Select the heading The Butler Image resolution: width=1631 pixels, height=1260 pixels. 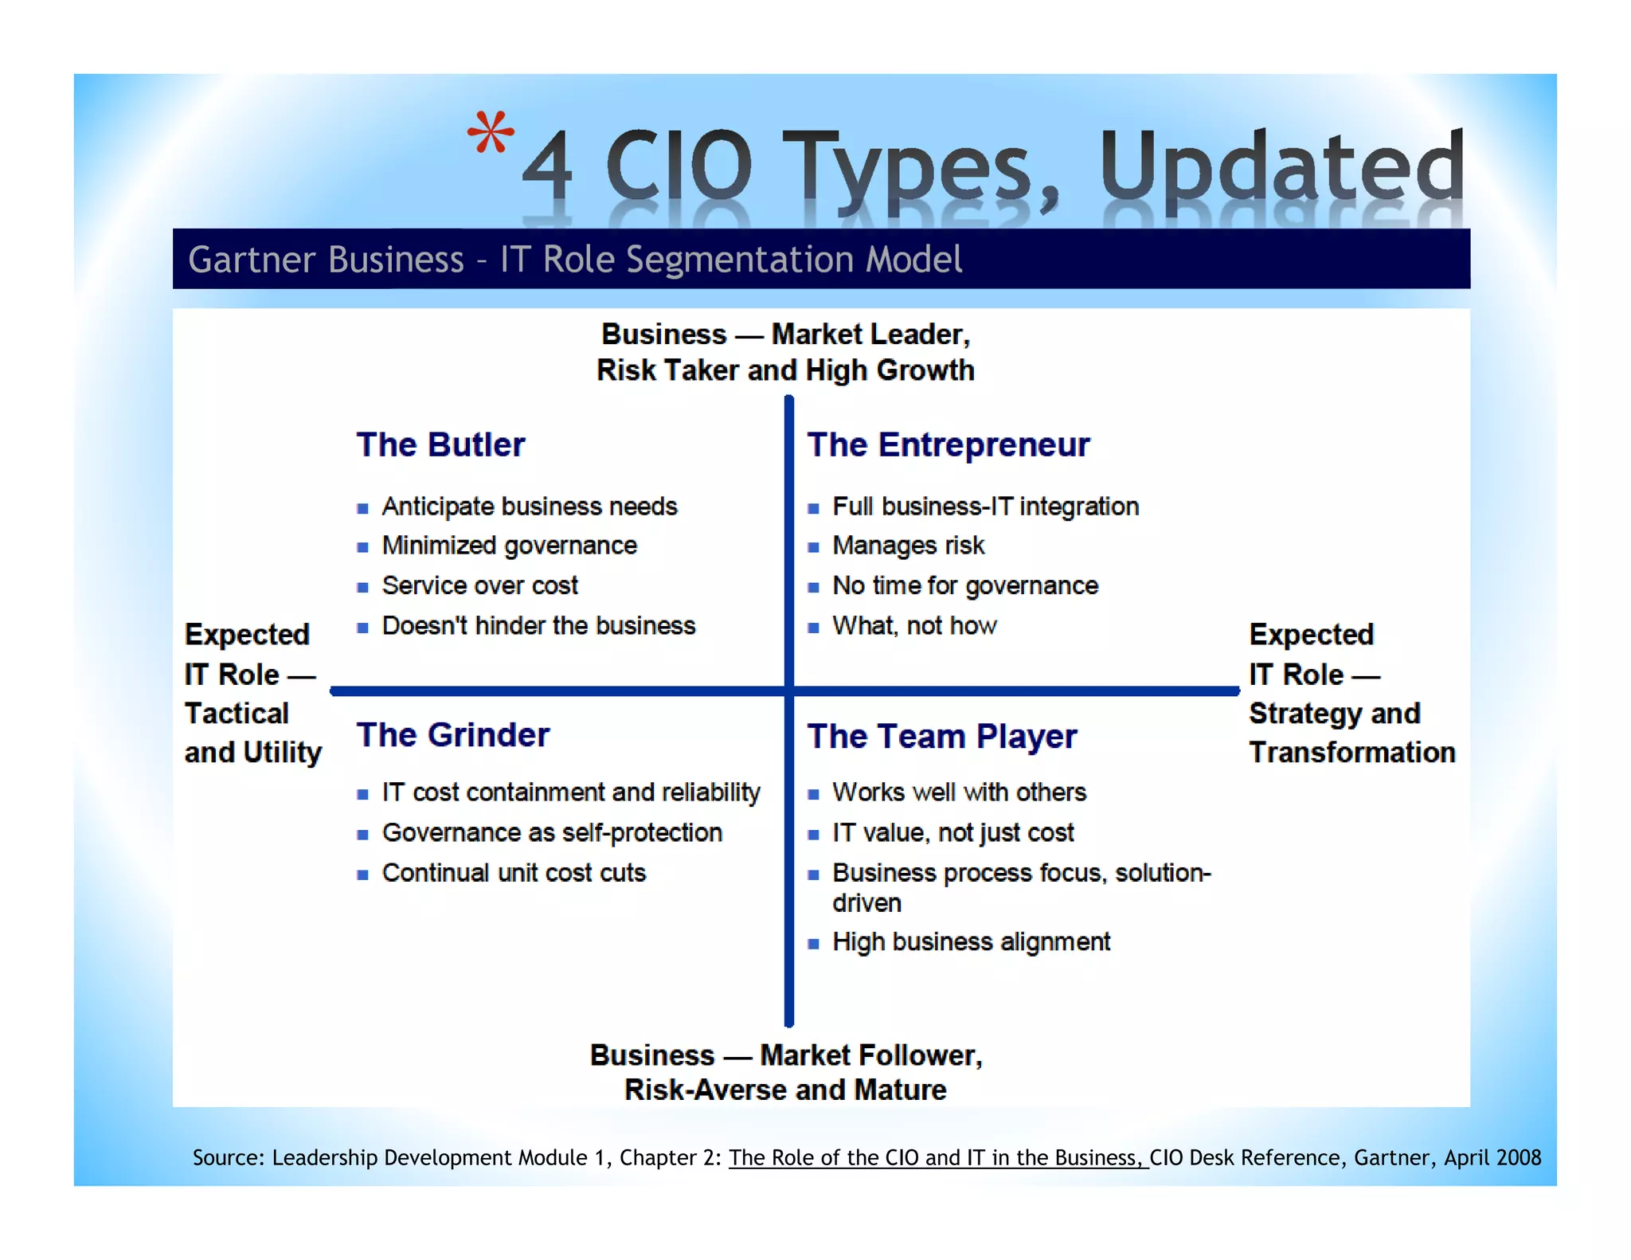pyautogui.click(x=440, y=444)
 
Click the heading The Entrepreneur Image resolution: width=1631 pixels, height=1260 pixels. pyautogui.click(x=948, y=444)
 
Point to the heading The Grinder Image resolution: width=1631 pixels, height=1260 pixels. pyautogui.click(x=452, y=735)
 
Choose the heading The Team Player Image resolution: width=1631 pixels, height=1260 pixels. pyautogui.click(x=941, y=737)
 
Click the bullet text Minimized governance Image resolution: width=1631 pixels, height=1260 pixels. pyautogui.click(x=509, y=546)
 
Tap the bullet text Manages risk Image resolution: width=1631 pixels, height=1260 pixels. pyautogui.click(x=908, y=546)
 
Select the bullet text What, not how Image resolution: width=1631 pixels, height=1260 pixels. pyautogui.click(x=914, y=626)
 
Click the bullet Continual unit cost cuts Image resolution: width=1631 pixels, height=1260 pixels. pyautogui.click(x=514, y=873)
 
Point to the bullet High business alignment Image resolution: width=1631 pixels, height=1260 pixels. pyautogui.click(x=971, y=942)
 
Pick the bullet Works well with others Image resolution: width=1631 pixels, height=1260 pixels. pyautogui.click(x=959, y=792)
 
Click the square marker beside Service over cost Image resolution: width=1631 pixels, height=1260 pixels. pyautogui.click(x=363, y=588)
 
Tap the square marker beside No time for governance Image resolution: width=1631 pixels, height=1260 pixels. pyautogui.click(x=813, y=588)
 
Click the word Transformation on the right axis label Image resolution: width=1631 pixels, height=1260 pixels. pyautogui.click(x=1351, y=753)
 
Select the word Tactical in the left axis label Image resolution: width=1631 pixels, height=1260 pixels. pyautogui.click(x=237, y=714)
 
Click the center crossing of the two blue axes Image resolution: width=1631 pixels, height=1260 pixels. pyautogui.click(x=788, y=691)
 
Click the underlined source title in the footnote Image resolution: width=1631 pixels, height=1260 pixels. pyautogui.click(x=937, y=1157)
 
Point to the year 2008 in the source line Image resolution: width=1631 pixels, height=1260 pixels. pyautogui.click(x=1517, y=1157)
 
